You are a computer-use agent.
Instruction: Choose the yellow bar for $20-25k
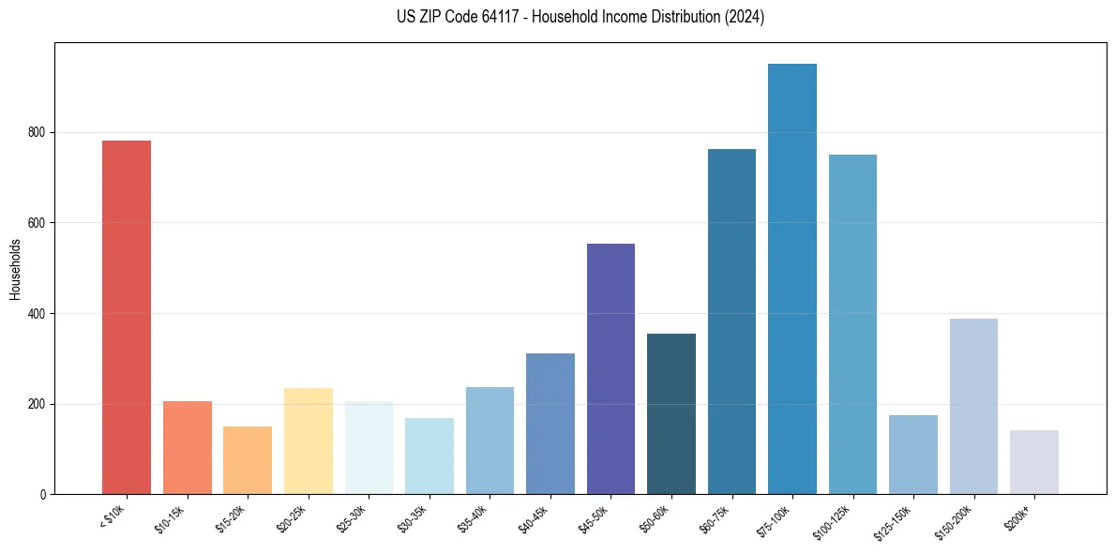pyautogui.click(x=309, y=441)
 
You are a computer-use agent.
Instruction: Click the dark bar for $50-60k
pyautogui.click(x=671, y=413)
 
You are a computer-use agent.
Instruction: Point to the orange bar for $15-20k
pyautogui.click(x=248, y=460)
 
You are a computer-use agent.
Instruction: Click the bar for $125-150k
pyautogui.click(x=913, y=455)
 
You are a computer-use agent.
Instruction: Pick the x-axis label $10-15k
pyautogui.click(x=169, y=518)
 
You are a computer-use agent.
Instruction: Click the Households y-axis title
pyautogui.click(x=15, y=269)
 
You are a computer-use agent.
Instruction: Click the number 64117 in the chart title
pyautogui.click(x=496, y=17)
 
